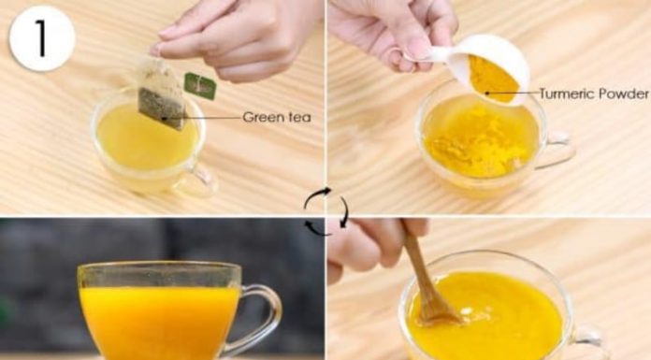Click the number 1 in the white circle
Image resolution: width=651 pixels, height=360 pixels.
tap(41, 38)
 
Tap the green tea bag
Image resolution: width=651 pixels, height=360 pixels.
tap(161, 93)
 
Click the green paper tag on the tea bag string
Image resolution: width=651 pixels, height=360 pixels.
tap(200, 86)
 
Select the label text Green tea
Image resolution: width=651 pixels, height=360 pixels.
tap(277, 118)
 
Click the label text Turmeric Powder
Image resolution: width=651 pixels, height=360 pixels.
tap(594, 94)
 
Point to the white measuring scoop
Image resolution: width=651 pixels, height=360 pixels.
tap(477, 66)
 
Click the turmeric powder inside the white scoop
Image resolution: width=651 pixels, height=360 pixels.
tap(493, 79)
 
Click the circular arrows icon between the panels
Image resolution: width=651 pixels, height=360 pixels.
tap(326, 211)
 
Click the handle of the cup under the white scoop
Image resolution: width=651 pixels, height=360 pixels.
tap(557, 151)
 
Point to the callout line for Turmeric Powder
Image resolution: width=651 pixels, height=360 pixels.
tap(513, 93)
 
